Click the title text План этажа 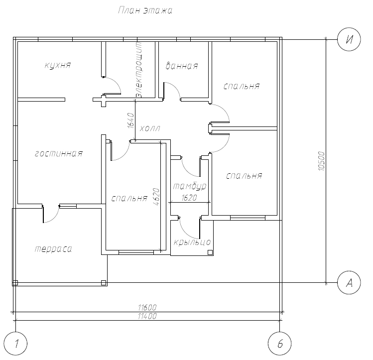[145, 10]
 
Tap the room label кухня [58, 65]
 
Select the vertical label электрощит [138, 70]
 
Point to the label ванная [182, 66]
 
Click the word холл [150, 128]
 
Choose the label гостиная [59, 153]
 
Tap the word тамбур [190, 186]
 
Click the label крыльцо [192, 242]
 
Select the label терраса [53, 249]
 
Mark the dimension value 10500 [321, 161]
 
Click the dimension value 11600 [147, 308]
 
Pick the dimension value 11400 [147, 316]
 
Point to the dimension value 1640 [131, 120]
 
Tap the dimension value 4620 [156, 197]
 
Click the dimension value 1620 [189, 198]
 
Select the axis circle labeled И [349, 39]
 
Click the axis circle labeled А [349, 283]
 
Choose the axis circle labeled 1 [16, 344]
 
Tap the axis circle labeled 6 [279, 344]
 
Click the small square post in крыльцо [210, 252]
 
